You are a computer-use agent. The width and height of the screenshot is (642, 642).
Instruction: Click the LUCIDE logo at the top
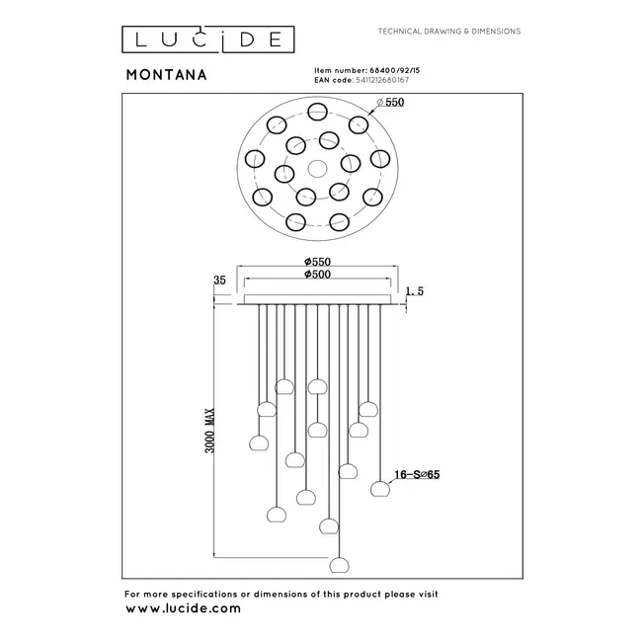(207, 39)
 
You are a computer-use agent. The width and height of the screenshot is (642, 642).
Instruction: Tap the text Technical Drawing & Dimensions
(449, 32)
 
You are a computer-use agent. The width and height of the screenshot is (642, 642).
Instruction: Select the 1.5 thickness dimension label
(416, 292)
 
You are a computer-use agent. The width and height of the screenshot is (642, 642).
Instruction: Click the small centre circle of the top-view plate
(316, 167)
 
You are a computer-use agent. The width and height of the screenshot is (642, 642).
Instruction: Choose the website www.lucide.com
(183, 609)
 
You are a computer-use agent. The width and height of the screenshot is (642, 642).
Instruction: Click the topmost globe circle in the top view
(316, 111)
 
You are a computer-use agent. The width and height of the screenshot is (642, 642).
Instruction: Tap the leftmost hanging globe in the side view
(262, 441)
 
